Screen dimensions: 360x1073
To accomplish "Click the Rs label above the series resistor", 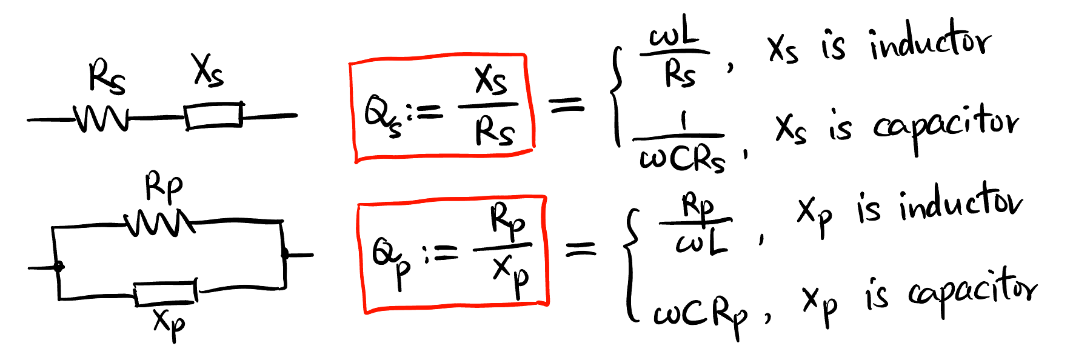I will [x=107, y=78].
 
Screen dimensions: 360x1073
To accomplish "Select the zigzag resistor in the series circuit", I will [x=101, y=119].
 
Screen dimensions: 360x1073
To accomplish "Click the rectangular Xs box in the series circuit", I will [x=213, y=115].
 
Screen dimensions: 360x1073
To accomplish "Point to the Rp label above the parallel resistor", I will [x=163, y=187].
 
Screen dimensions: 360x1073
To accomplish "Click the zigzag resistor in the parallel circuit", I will [x=159, y=224].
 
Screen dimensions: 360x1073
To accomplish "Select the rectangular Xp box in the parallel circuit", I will [x=165, y=293].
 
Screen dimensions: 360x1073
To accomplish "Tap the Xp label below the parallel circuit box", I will [x=169, y=324].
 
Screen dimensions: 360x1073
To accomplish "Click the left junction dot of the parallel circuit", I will [x=59, y=266].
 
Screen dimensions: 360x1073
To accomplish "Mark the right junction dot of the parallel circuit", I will [x=285, y=254].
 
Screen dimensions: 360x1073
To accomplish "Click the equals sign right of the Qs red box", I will [x=566, y=105].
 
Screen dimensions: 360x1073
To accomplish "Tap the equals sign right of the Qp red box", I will [x=581, y=248].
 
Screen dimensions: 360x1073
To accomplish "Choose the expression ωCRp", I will [x=700, y=315].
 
